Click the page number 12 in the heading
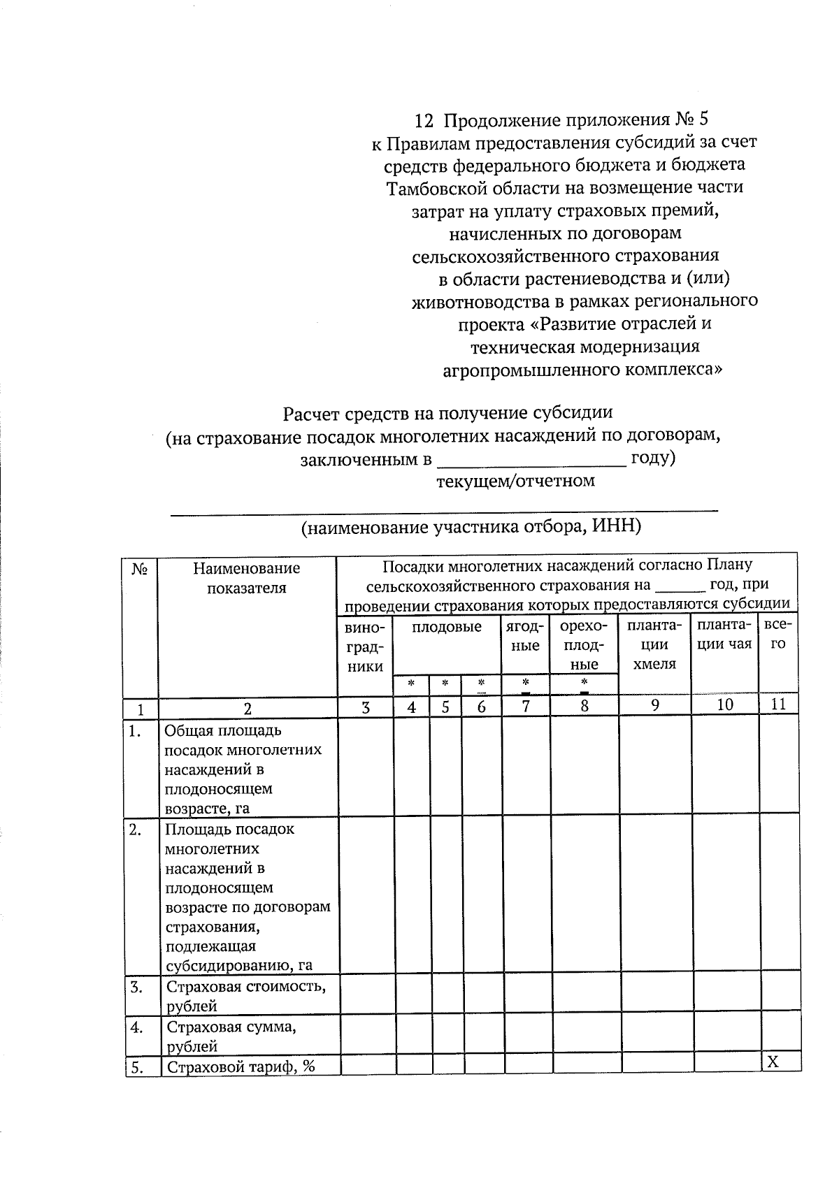click(x=424, y=121)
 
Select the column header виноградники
click(x=365, y=646)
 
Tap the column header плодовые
click(x=446, y=627)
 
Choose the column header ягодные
click(x=525, y=636)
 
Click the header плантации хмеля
click(x=654, y=644)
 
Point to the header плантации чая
click(x=724, y=635)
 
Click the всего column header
click(x=777, y=635)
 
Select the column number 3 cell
click(x=365, y=707)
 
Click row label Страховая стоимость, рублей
click(x=246, y=996)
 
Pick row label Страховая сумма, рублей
click(x=231, y=1036)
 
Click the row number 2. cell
click(x=136, y=830)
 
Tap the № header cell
click(x=139, y=570)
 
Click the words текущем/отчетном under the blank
click(x=515, y=482)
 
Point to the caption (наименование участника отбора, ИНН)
click(x=471, y=527)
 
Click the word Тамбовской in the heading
click(x=433, y=188)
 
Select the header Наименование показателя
click(x=246, y=578)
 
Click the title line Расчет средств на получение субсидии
click(x=447, y=414)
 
